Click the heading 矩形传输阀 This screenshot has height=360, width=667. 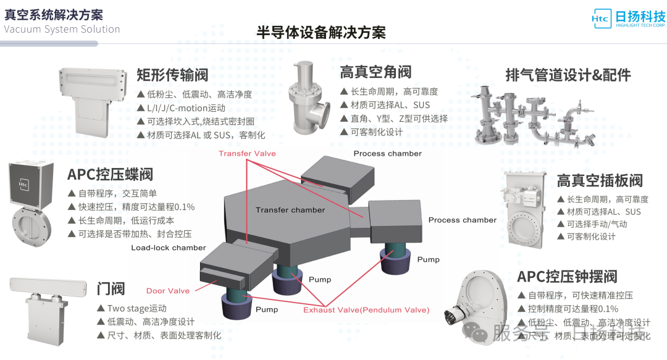[172, 75]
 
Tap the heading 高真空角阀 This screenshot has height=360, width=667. [375, 72]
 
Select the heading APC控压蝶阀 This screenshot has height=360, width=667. [110, 174]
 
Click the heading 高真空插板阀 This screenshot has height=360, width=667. [600, 180]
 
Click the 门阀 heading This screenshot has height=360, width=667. [111, 288]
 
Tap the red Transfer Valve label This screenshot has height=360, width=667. [247, 153]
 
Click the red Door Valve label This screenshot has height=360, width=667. [168, 291]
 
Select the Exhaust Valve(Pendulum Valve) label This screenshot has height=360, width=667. [366, 310]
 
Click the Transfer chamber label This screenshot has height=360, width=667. [290, 210]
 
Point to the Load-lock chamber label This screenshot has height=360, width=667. [169, 248]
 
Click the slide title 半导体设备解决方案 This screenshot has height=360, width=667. [321, 33]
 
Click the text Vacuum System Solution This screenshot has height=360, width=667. [62, 29]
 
